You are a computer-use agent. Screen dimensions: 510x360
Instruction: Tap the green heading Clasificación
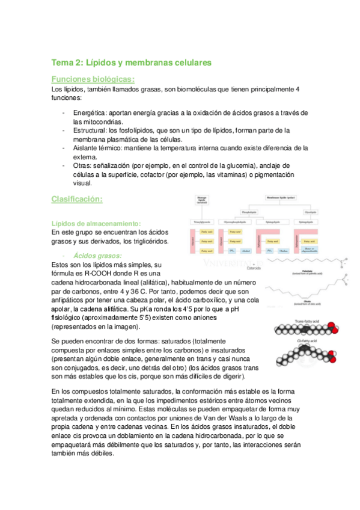click(x=78, y=198)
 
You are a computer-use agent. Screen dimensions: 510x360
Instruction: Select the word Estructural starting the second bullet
click(x=89, y=130)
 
